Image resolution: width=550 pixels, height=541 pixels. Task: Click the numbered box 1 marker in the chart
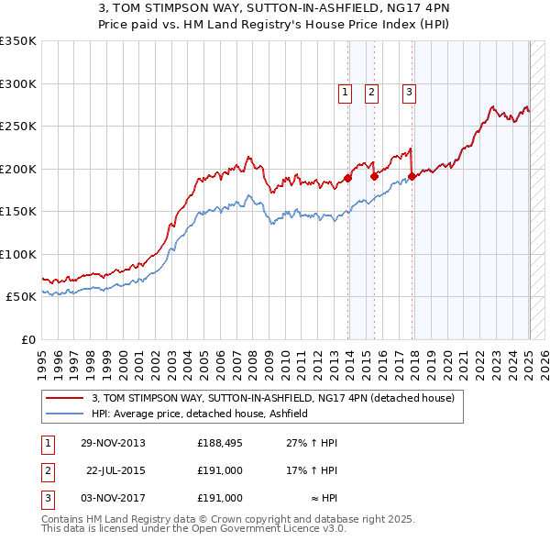(x=345, y=92)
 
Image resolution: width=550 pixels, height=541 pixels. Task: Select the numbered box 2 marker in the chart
(x=371, y=92)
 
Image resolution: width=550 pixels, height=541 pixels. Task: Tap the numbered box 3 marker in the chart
(x=408, y=92)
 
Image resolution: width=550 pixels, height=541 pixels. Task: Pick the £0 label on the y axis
(x=27, y=339)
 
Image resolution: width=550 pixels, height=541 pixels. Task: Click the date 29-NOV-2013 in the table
(x=114, y=443)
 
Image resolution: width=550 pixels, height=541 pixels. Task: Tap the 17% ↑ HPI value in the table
(x=313, y=470)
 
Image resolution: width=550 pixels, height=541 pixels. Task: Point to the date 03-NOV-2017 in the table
(x=114, y=498)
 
